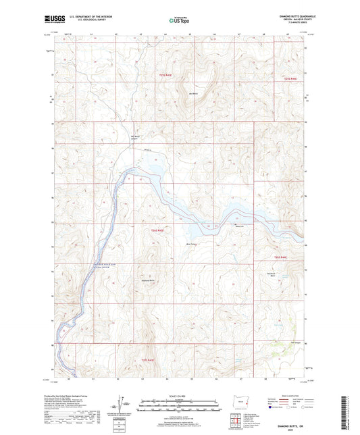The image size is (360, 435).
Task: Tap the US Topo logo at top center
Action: [x=179, y=20]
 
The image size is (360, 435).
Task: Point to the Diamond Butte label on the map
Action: [x=151, y=278]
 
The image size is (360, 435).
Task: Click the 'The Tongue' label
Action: [x=294, y=342]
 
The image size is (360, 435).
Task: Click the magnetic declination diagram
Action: [x=123, y=404]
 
